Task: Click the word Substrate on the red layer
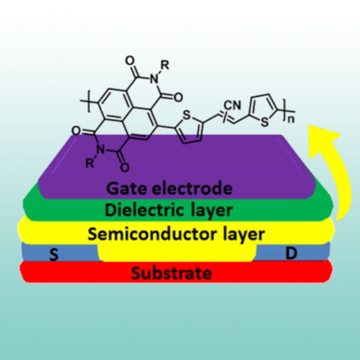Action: [174, 271]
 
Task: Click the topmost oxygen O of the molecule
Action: [129, 56]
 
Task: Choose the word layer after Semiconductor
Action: [239, 234]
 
